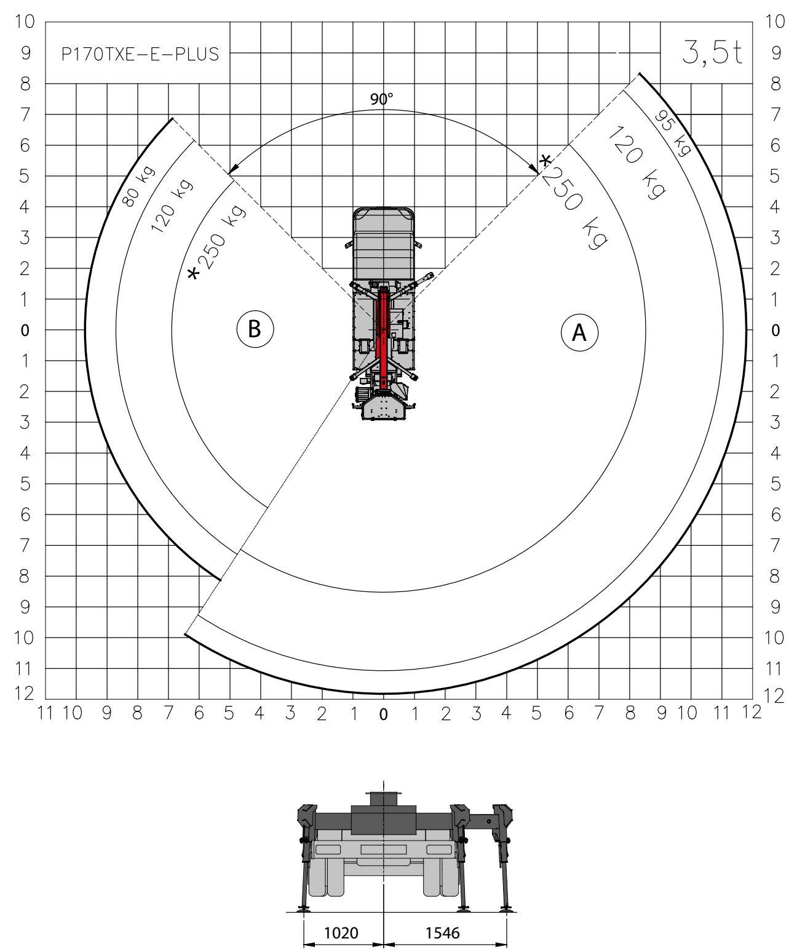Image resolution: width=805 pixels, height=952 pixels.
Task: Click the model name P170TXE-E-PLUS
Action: tap(140, 54)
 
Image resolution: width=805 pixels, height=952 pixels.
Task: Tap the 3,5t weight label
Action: tap(712, 52)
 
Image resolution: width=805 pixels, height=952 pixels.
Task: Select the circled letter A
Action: tap(579, 332)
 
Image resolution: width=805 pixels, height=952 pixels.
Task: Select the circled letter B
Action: tap(255, 329)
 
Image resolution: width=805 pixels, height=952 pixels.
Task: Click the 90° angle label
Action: tap(381, 99)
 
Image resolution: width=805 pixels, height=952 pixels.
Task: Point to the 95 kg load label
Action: tap(672, 133)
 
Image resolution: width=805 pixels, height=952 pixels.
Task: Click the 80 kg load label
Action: tap(138, 186)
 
